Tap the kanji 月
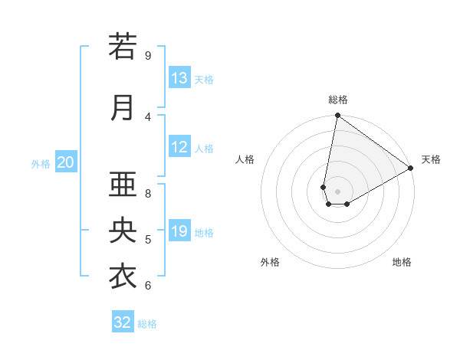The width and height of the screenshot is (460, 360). [123, 108]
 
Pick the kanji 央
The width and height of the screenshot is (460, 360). [123, 231]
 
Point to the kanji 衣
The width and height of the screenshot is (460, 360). [123, 276]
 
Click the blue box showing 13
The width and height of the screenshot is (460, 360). [179, 78]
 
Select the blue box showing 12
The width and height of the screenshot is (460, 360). [179, 147]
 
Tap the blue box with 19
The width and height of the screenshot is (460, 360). [179, 231]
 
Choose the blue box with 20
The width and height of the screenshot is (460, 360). [66, 162]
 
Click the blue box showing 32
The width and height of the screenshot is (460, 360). [123, 322]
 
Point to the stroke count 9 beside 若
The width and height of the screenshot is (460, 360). [148, 55]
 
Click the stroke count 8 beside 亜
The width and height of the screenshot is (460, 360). [148, 193]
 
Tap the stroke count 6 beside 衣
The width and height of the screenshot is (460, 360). [148, 285]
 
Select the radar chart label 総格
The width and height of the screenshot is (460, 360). [338, 100]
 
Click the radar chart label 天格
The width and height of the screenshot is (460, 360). [431, 159]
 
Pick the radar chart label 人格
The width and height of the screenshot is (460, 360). [245, 159]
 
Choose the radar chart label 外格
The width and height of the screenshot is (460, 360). [270, 262]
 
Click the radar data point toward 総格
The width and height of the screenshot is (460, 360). [337, 116]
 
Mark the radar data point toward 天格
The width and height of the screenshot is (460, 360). [411, 169]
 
